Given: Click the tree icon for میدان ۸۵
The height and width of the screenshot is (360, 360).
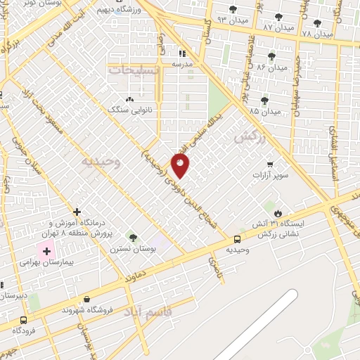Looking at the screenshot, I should click(264, 101).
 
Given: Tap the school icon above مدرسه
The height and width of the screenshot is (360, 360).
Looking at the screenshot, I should click(181, 52).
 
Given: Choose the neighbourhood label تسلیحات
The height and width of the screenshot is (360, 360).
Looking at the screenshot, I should click(135, 70).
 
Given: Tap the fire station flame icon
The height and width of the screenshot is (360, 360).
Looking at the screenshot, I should click(278, 212).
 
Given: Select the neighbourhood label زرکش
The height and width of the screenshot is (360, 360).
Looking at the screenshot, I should click(250, 139).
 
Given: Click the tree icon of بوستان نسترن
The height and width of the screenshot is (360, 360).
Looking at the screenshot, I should click(131, 238).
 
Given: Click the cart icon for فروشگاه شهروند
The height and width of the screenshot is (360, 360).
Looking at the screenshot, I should click(86, 299).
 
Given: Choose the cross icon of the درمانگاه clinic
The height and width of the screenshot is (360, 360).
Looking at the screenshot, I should click(77, 211).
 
